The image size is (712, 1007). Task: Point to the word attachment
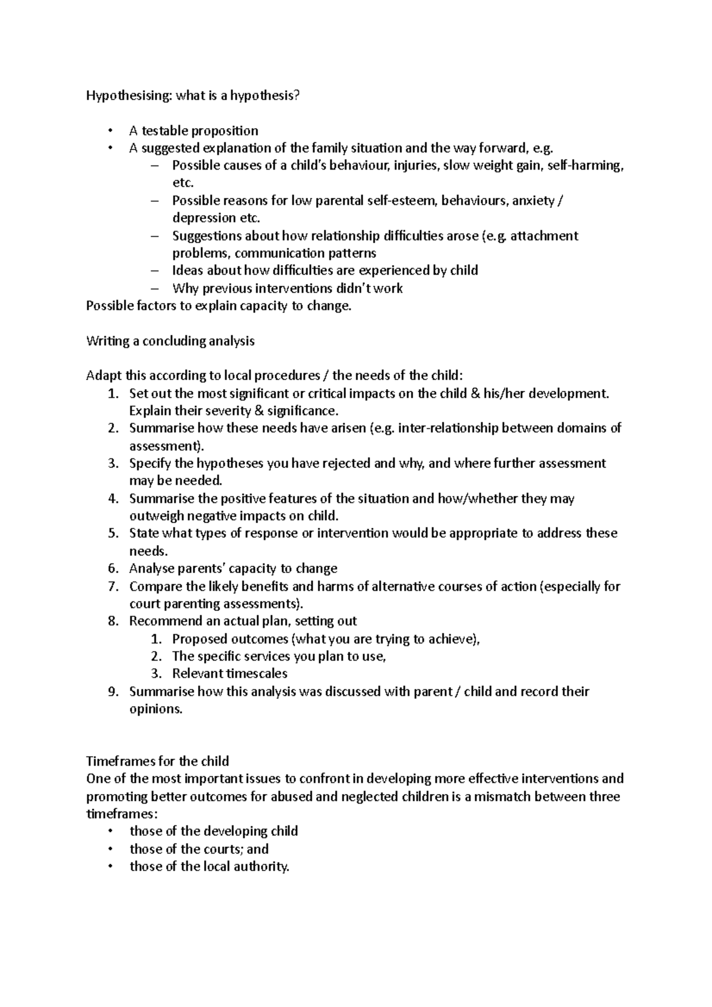(x=544, y=235)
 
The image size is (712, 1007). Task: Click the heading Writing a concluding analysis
(x=170, y=341)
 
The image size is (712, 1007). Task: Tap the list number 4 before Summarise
(x=114, y=499)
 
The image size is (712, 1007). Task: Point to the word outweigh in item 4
(x=155, y=516)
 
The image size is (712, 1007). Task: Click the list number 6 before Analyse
(x=114, y=569)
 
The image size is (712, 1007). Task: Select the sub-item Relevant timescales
(x=229, y=674)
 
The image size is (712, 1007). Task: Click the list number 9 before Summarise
(x=114, y=691)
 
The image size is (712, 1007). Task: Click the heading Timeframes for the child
(x=157, y=761)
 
